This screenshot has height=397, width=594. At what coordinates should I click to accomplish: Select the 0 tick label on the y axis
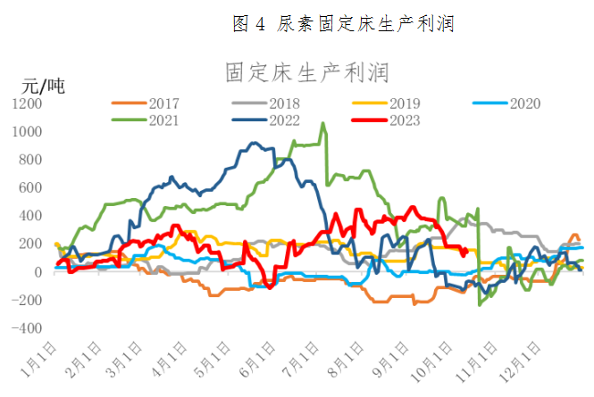click(38, 272)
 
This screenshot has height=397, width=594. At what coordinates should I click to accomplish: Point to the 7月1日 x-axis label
click(300, 364)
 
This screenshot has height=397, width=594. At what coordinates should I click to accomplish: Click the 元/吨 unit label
click(43, 87)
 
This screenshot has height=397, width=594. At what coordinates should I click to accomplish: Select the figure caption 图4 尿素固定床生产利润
click(343, 24)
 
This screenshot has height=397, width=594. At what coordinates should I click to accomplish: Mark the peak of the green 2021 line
click(323, 124)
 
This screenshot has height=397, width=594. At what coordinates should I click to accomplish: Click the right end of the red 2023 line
click(466, 250)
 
